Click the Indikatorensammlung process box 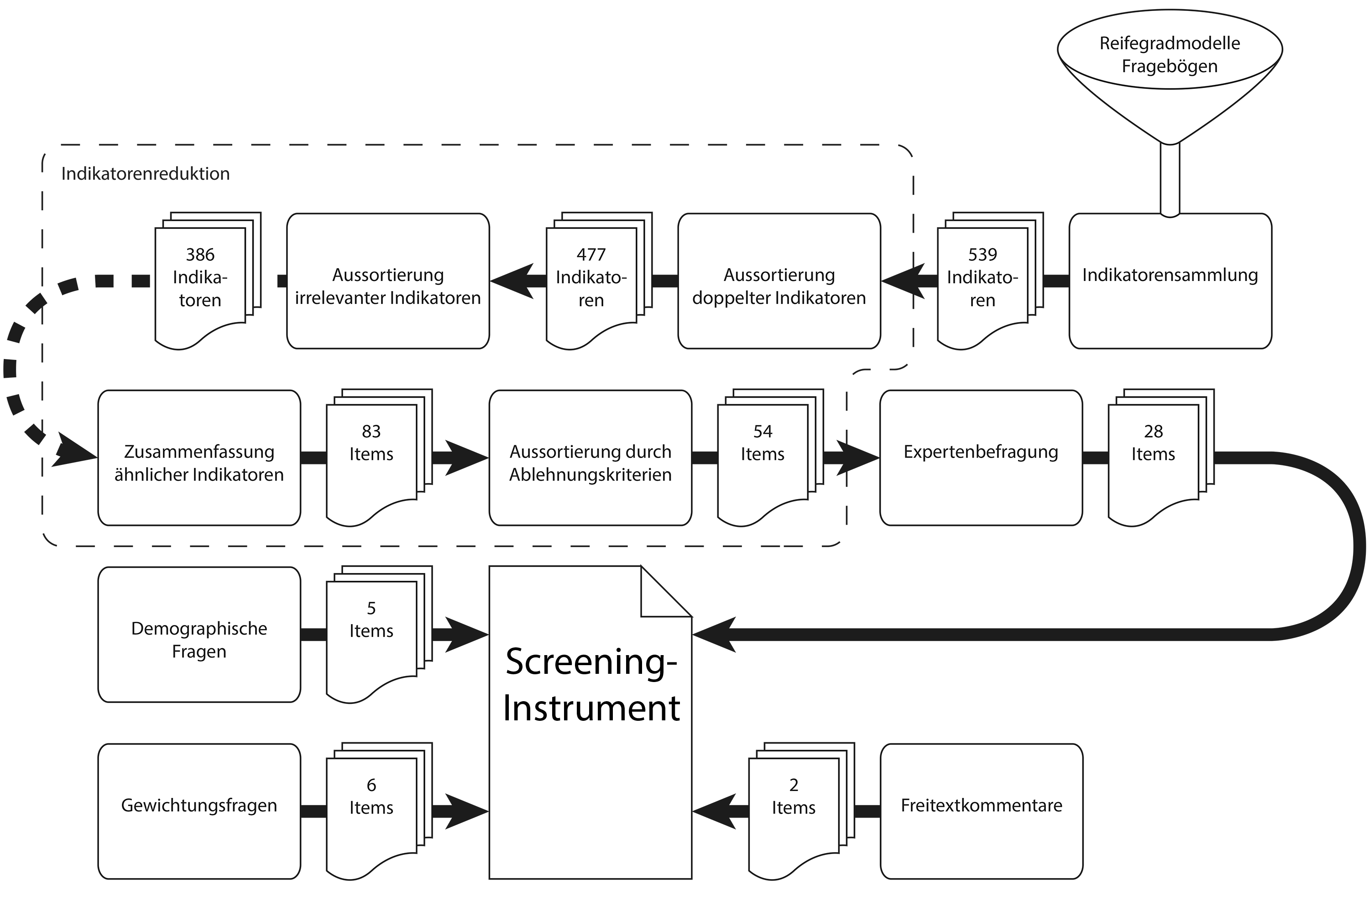[1170, 281]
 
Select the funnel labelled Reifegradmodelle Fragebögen [1170, 75]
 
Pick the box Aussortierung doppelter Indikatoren [779, 281]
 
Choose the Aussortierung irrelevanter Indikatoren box [388, 281]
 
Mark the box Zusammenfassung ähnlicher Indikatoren [199, 458]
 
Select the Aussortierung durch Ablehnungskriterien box [590, 458]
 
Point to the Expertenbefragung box [981, 458]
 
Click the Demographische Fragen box [199, 635]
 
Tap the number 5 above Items [371, 608]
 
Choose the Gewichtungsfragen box [199, 811]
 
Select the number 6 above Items [371, 785]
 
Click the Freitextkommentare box [981, 811]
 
